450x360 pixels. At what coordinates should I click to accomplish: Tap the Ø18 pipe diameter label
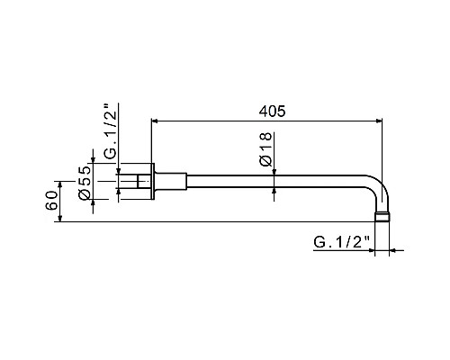(x=265, y=148)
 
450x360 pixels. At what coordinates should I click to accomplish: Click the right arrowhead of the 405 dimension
(x=382, y=121)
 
